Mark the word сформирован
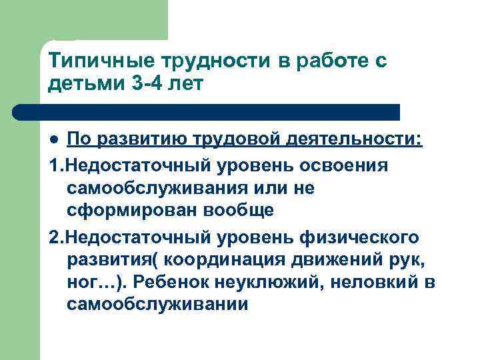pyautogui.click(x=125, y=211)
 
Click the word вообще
pyautogui.click(x=232, y=211)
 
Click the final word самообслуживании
pyautogui.click(x=157, y=305)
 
